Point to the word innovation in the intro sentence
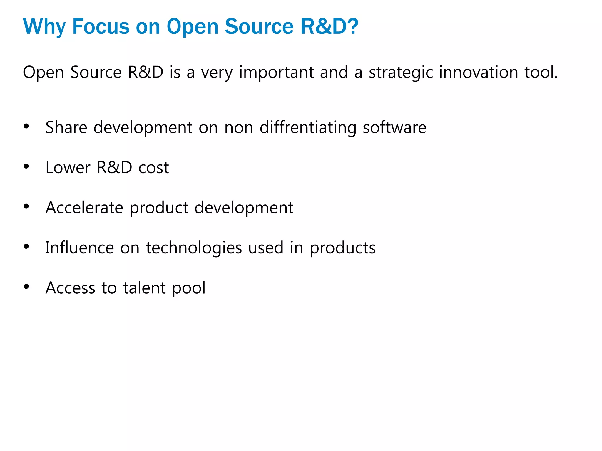pos(478,73)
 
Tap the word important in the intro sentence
pos(276,73)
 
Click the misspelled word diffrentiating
pos(308,128)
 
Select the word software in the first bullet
pos(394,128)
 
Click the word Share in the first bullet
pos(66,128)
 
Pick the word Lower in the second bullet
pos(68,168)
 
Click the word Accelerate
pos(84,208)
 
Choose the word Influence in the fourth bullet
pos(79,248)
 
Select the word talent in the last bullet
pos(144,288)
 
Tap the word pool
pos(189,288)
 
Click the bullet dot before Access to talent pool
pos(26,286)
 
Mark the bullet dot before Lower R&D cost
pos(26,166)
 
